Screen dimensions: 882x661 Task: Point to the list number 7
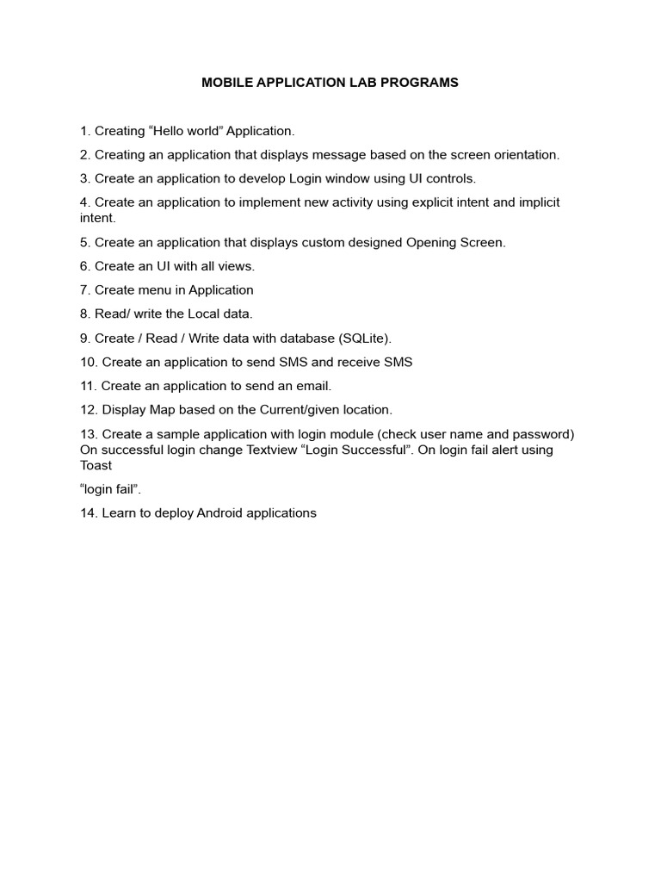84,290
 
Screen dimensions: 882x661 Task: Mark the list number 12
88,410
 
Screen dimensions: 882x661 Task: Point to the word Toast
97,465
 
